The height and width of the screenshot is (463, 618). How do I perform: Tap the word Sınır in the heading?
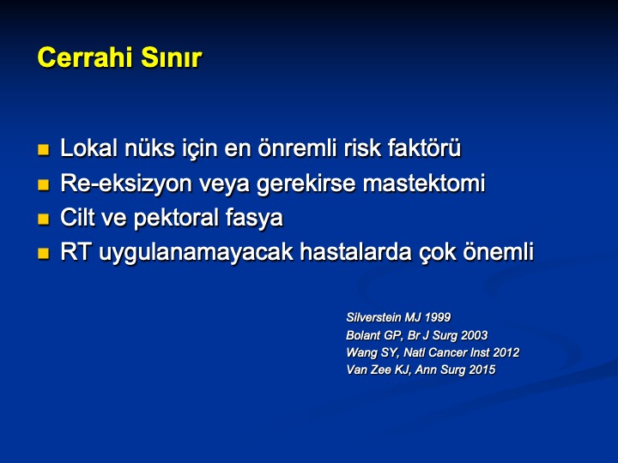(172, 57)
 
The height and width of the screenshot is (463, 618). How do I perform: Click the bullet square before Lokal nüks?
(44, 149)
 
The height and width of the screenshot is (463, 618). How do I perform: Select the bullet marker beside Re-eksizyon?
(44, 184)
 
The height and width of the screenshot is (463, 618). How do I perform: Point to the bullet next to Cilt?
(44, 219)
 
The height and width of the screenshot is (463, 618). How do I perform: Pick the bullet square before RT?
(44, 253)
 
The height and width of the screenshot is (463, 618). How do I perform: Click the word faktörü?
(424, 147)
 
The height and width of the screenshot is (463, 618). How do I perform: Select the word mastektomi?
(424, 183)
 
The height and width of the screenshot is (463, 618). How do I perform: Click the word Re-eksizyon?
(125, 183)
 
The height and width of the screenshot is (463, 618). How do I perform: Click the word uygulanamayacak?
(196, 253)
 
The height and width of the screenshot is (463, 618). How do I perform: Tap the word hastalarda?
(356, 252)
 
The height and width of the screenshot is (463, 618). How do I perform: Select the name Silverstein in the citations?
(373, 317)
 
